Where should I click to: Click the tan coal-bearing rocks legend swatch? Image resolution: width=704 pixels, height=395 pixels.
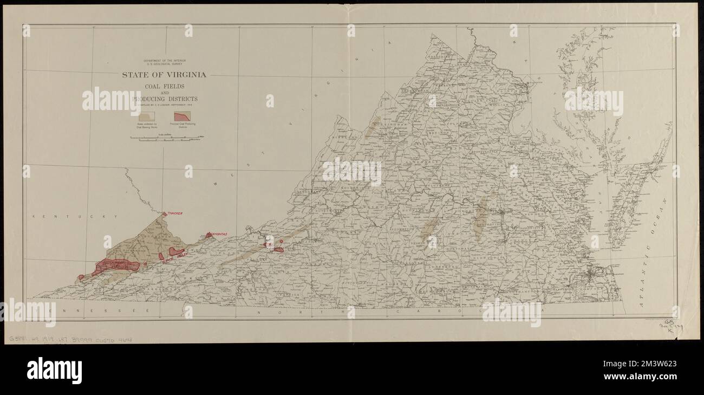147,116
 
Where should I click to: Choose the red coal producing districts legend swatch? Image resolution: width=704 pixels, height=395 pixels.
181,116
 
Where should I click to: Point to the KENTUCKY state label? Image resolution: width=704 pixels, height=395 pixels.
75,217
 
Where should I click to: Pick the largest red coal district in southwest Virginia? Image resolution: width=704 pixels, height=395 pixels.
116,266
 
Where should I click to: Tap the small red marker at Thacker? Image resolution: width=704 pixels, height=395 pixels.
164,215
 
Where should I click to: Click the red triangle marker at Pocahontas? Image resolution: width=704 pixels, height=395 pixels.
208,235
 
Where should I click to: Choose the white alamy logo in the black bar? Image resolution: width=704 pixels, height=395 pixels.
54,370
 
